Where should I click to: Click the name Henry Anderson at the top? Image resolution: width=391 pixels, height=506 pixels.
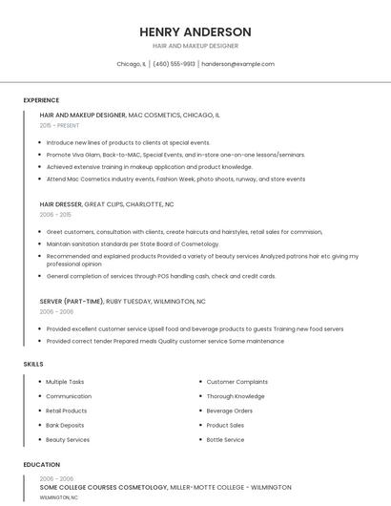tap(195, 32)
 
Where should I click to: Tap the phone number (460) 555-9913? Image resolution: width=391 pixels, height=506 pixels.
tap(174, 64)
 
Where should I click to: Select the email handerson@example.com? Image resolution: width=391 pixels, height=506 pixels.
tap(237, 64)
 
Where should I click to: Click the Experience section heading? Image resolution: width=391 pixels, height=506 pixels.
tap(41, 100)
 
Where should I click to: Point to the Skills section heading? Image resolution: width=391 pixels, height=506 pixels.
tap(33, 364)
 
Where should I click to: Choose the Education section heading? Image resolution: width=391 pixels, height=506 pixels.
tap(41, 465)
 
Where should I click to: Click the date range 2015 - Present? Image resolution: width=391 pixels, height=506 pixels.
tap(59, 125)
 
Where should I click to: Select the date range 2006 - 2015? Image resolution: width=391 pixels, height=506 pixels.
tap(55, 215)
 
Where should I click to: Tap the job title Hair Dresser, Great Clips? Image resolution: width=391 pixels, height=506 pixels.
tap(107, 204)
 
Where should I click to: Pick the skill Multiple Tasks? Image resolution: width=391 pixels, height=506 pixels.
tap(65, 382)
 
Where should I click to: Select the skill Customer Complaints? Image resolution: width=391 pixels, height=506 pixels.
tap(237, 382)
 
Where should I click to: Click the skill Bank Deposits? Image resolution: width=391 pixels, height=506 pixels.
tap(65, 425)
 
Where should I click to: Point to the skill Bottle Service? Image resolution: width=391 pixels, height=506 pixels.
tap(225, 439)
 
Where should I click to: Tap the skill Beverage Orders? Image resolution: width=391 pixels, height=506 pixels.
tap(230, 411)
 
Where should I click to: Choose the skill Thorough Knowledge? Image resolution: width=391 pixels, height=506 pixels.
tap(236, 396)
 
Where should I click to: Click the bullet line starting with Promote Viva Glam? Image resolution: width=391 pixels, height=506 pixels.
tap(175, 154)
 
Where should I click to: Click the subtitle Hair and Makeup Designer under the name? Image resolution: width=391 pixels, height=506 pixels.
tap(195, 46)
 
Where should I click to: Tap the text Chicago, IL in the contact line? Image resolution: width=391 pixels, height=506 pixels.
tap(131, 64)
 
